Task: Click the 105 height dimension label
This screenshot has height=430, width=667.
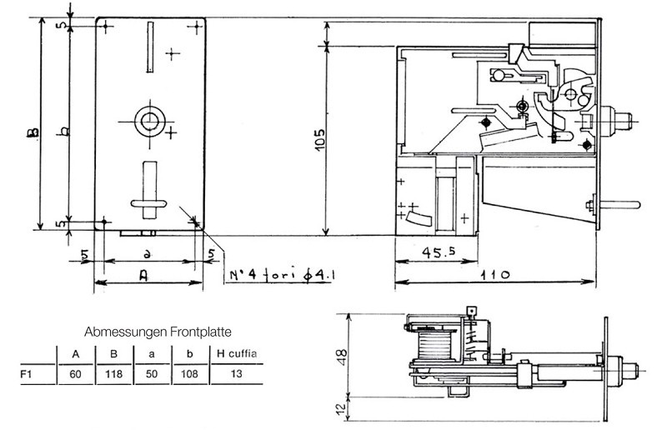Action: [x=320, y=138]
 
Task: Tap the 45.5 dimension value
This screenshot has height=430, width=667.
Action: [x=439, y=252]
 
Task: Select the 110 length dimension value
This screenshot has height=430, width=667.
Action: [x=495, y=274]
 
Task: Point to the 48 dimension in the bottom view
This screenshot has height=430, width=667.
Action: [x=342, y=355]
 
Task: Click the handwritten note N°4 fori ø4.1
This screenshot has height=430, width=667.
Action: [x=282, y=275]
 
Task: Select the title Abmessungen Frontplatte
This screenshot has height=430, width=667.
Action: [x=158, y=332]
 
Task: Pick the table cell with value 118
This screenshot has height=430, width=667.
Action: [x=113, y=374]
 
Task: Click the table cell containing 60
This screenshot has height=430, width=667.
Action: [x=75, y=374]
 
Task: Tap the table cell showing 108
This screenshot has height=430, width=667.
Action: [x=189, y=374]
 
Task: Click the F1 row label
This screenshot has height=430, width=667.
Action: [x=27, y=374]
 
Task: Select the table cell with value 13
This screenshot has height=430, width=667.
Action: [x=236, y=374]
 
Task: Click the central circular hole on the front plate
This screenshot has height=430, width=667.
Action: [x=150, y=122]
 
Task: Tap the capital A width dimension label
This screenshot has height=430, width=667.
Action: [x=143, y=277]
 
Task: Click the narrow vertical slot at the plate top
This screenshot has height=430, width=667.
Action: [x=150, y=47]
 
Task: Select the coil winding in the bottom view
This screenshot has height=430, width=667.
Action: [x=434, y=344]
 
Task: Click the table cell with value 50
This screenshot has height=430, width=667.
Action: [x=152, y=374]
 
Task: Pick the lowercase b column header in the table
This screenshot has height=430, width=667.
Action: [x=190, y=353]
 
